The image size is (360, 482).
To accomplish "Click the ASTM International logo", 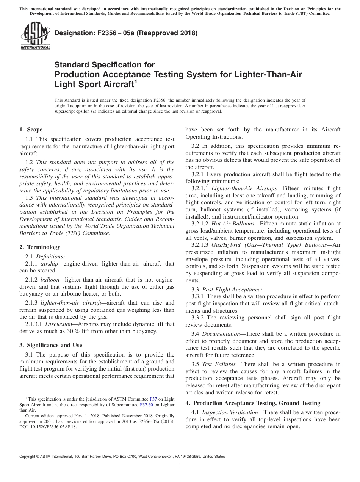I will pyautogui.click(x=35, y=36).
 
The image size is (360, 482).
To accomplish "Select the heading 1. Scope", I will pyautogui.click(x=31, y=130).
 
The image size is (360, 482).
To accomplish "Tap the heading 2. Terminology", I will pyautogui.click(x=40, y=247).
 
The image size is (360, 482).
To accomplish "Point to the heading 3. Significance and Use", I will pyautogui.click(x=51, y=345).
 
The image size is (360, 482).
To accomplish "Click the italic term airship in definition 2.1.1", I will pyautogui.click(x=50, y=263).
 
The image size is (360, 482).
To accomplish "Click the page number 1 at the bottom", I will pyautogui.click(x=180, y=465).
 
